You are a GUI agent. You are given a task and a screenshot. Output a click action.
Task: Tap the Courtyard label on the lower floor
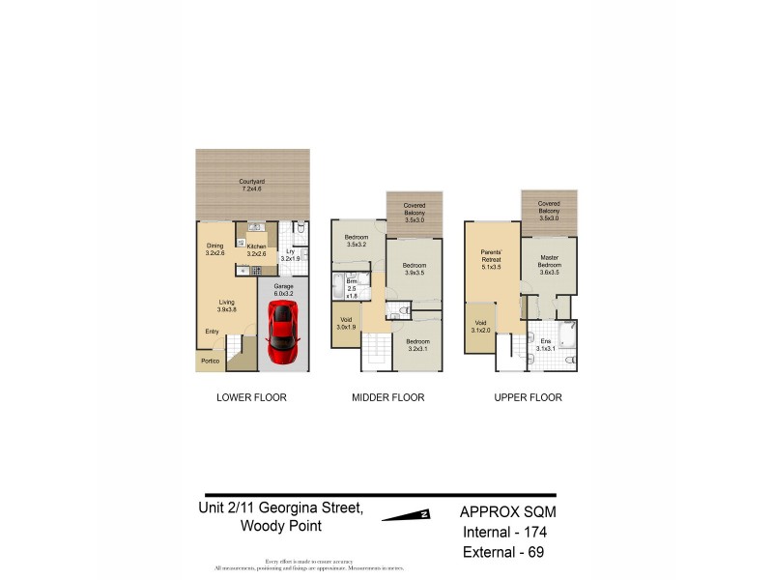coord(253,185)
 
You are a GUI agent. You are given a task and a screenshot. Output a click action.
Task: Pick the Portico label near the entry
coord(210,362)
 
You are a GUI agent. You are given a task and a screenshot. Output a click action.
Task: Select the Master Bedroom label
coord(549,262)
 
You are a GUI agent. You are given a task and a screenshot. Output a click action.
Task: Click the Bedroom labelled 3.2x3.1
coord(417,345)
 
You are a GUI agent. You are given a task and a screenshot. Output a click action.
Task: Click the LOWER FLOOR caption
coord(251,397)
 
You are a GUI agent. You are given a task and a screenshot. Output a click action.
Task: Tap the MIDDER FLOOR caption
coord(388,397)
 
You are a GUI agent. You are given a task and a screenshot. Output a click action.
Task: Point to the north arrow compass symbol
coord(406,515)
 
